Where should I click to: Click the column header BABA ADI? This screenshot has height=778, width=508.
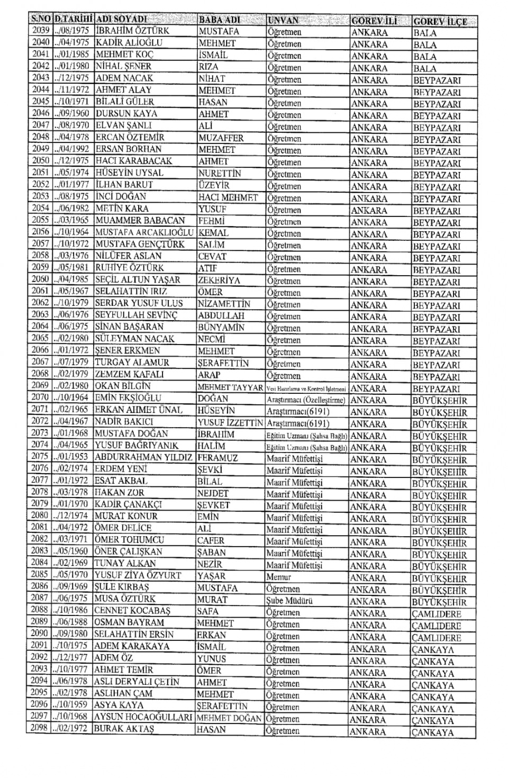[x=220, y=20]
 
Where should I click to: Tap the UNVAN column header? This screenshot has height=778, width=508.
[x=283, y=21]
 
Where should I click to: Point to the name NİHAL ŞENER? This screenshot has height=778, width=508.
[x=123, y=67]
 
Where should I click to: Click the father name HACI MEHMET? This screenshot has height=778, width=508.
[x=228, y=197]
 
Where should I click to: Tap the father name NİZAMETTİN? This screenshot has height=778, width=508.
[x=224, y=304]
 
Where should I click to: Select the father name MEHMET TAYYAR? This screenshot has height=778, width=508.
[x=230, y=387]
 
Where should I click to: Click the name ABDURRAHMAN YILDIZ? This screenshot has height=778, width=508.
[x=143, y=457]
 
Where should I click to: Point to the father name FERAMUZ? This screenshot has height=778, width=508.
[x=217, y=458]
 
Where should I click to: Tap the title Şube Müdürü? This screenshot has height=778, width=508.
[x=289, y=601]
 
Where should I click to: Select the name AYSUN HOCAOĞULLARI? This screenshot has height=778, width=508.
[x=143, y=717]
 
